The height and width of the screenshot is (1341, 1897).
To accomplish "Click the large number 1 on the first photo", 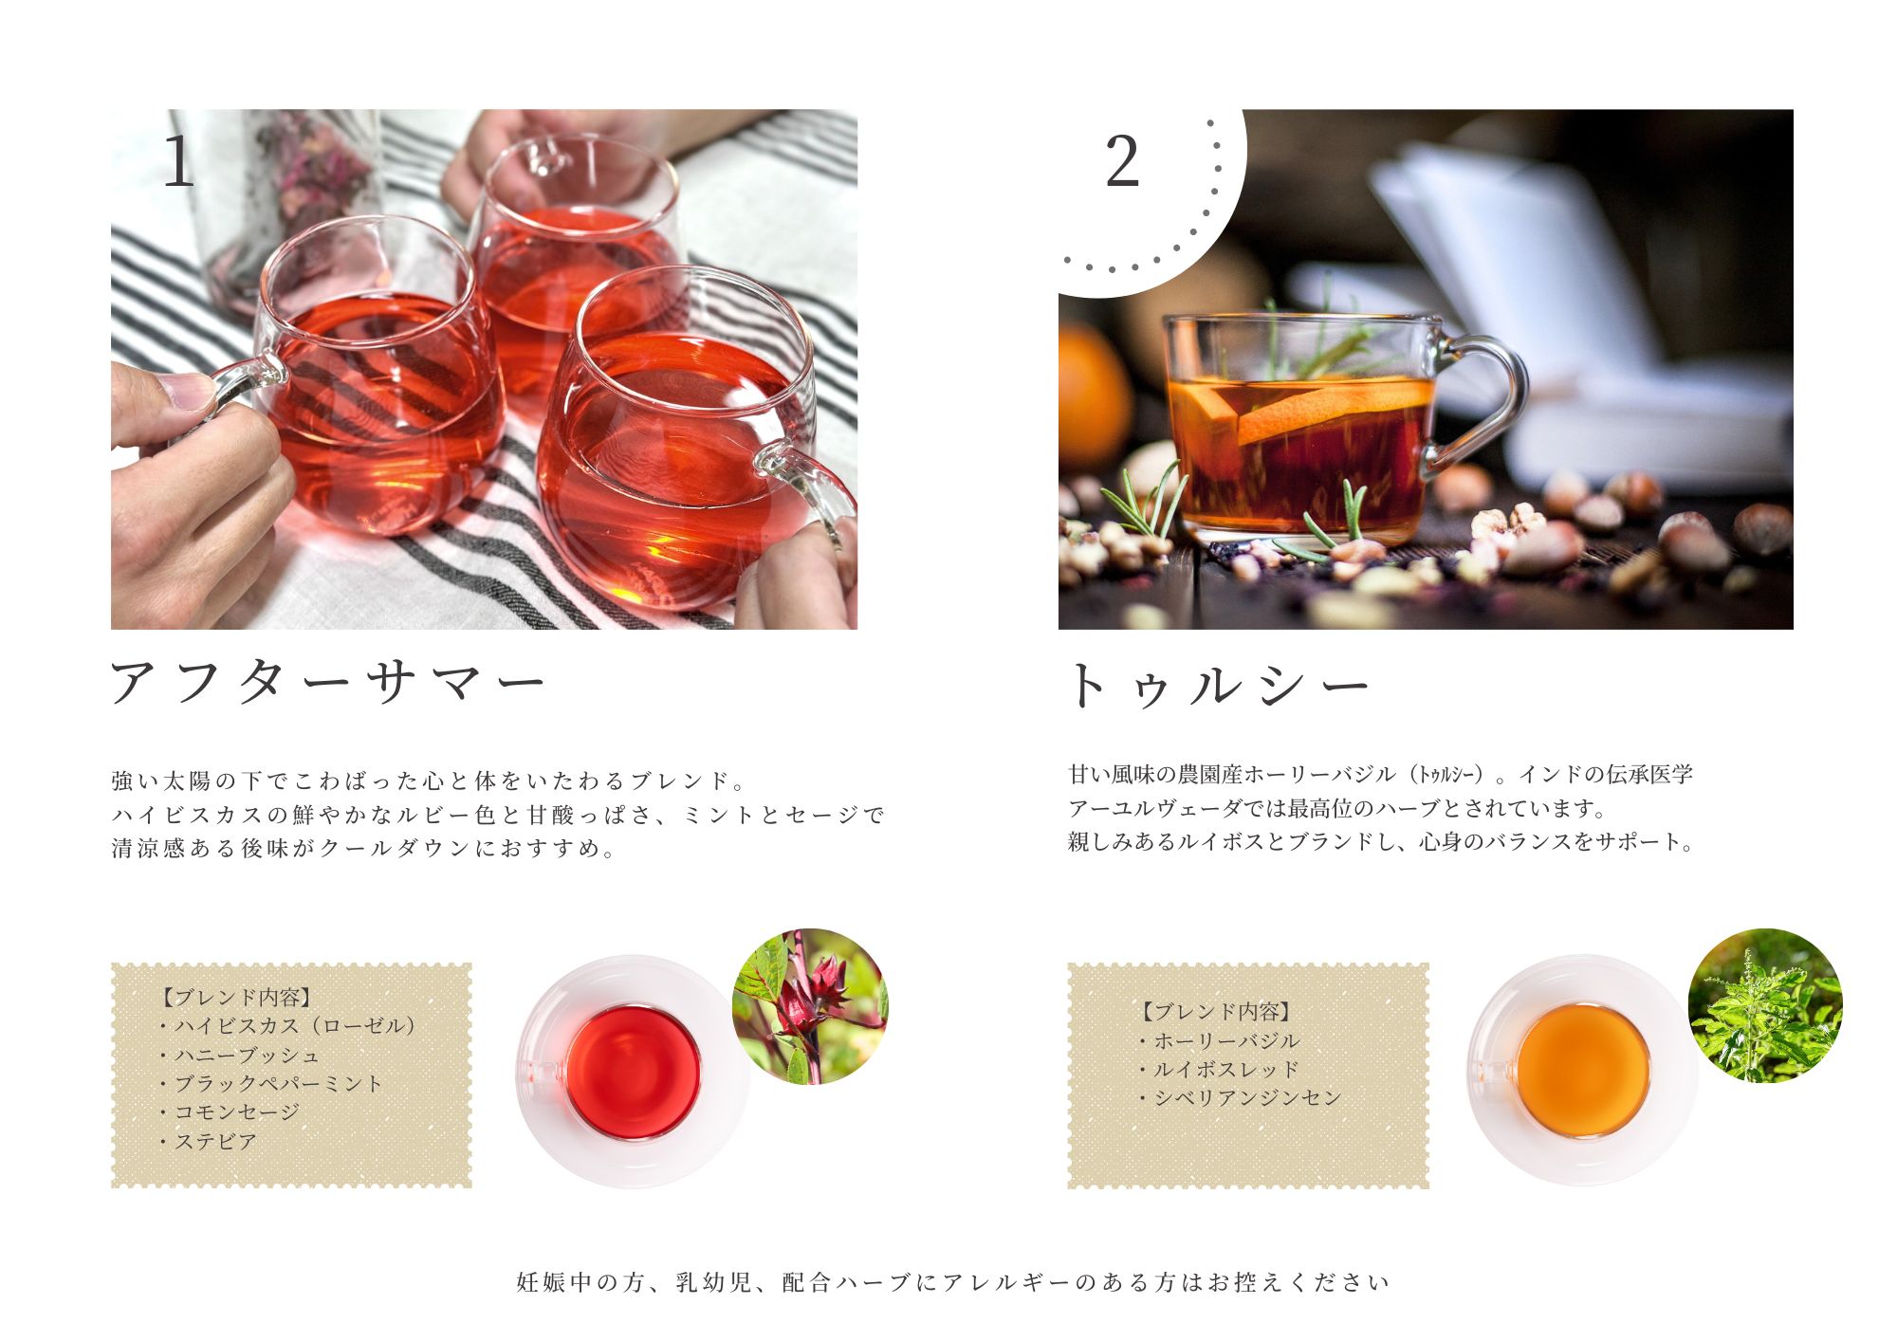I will (x=178, y=161).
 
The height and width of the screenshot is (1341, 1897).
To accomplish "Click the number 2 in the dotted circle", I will (x=1122, y=162).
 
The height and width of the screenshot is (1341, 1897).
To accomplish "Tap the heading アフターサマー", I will (x=328, y=683).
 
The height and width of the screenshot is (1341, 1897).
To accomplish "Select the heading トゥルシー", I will (x=1220, y=685).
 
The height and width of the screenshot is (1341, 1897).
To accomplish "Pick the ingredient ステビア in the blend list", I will (x=215, y=1141).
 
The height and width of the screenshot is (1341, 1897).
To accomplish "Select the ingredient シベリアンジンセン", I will (x=1247, y=1097).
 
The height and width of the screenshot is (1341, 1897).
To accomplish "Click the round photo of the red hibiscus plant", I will (x=810, y=1006).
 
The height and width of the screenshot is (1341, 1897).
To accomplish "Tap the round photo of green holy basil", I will (x=1765, y=1006).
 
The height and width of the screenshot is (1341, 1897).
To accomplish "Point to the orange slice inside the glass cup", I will (x=1328, y=408).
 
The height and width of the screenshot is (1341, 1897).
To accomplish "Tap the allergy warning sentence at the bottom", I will (x=953, y=1282).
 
